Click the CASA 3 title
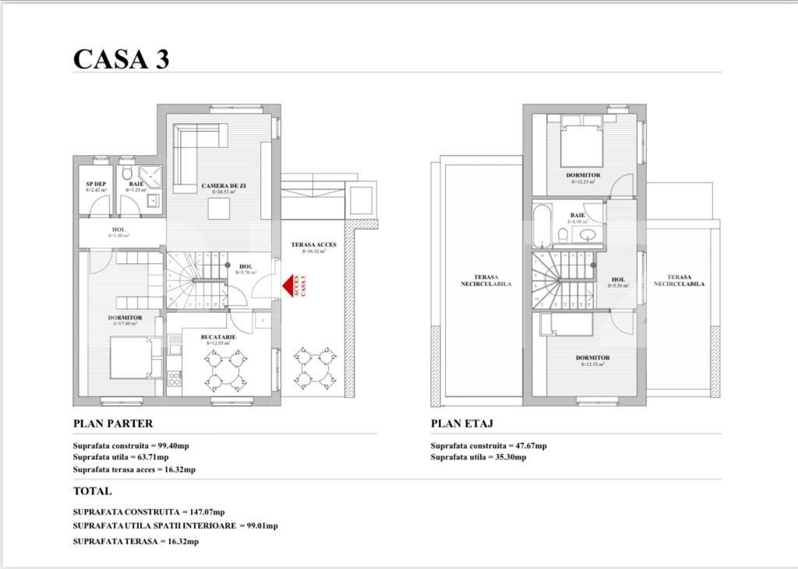[x=121, y=59]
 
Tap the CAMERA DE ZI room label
[x=224, y=186]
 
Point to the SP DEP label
[x=97, y=184]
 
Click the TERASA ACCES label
[x=314, y=244]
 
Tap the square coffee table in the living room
[x=218, y=209]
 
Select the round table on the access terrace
[x=315, y=368]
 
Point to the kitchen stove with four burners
[x=174, y=380]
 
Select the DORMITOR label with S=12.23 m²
[x=583, y=176]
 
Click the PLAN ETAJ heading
[x=462, y=423]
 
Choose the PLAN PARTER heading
[x=113, y=423]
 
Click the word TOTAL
[x=92, y=491]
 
